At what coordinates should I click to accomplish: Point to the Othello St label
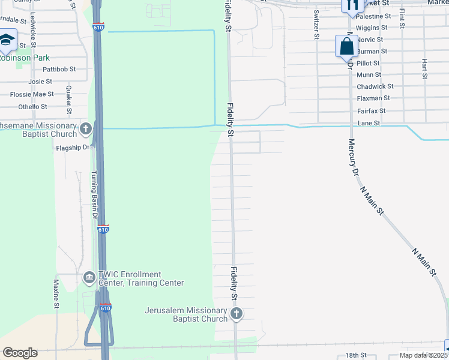[32, 107]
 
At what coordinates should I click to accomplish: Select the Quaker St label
[69, 99]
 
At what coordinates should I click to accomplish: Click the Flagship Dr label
[72, 147]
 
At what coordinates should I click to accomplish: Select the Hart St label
[424, 69]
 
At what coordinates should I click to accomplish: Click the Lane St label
[369, 123]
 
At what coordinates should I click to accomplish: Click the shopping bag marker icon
[346, 46]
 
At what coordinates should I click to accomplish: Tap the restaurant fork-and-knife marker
[351, 5]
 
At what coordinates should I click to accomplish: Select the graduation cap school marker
[7, 40]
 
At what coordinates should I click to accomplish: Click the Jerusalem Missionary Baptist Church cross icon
[237, 313]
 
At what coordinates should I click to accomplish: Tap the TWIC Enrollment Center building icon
[88, 278]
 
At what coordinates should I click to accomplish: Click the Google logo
[20, 353]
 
